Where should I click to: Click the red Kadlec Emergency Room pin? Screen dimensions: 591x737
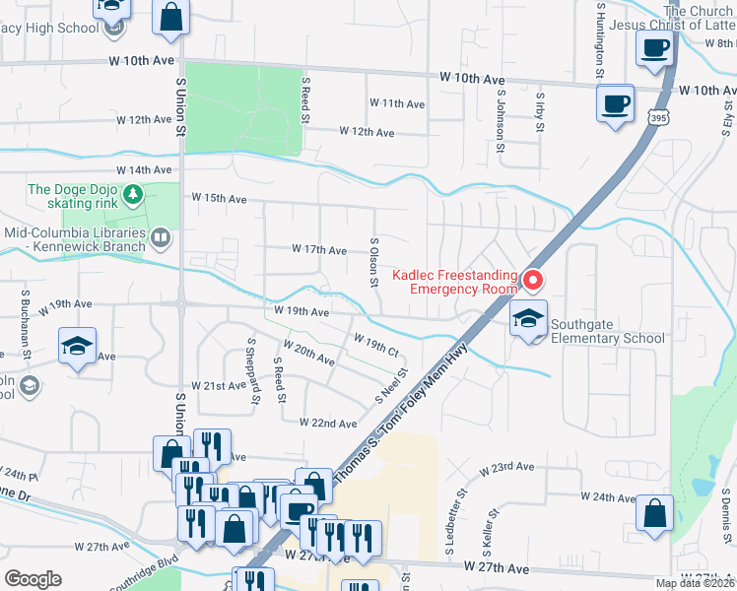[x=533, y=282]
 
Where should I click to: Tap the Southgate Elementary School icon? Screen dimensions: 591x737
[x=528, y=320]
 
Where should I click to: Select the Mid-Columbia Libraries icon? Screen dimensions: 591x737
[x=161, y=236]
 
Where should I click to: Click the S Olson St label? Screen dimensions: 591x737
[x=374, y=261]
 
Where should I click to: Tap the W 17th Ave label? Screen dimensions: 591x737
[x=318, y=250]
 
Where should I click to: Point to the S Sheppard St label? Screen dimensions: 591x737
[x=253, y=372]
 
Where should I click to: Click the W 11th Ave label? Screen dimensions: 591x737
[x=397, y=103]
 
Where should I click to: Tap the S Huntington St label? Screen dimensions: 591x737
[x=599, y=39]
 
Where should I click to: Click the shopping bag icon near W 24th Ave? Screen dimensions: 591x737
[x=655, y=514]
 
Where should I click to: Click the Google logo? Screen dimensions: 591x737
[x=33, y=579]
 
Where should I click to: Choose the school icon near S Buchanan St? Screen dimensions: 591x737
[x=77, y=347]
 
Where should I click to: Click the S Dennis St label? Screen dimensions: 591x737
[x=724, y=517]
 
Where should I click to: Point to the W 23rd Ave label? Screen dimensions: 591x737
[x=507, y=468]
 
